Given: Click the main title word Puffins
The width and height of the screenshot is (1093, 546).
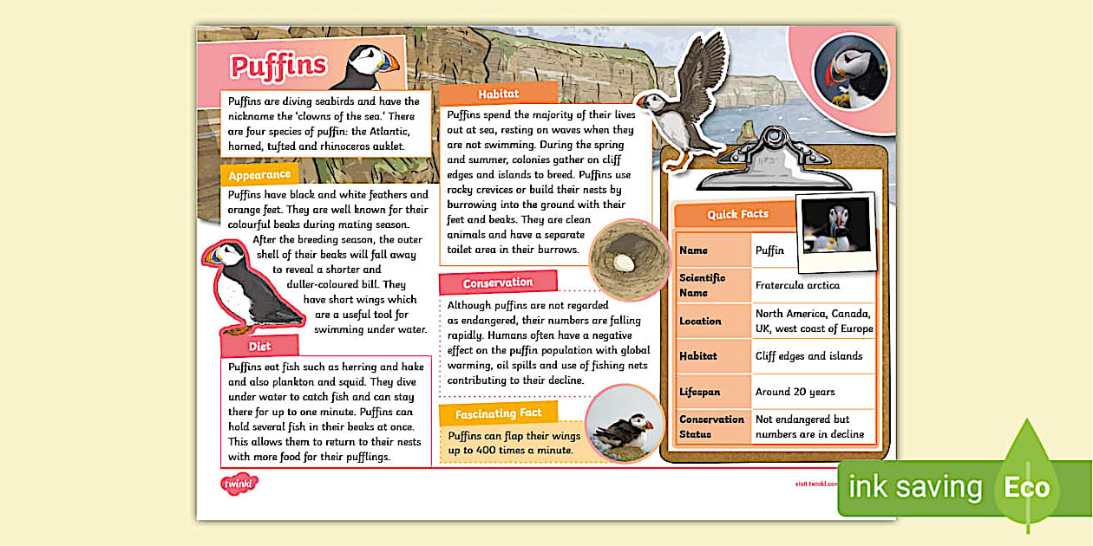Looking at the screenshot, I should [278, 65].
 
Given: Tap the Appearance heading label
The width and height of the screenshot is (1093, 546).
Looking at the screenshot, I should [259, 174].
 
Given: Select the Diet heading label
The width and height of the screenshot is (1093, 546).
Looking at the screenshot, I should [259, 346].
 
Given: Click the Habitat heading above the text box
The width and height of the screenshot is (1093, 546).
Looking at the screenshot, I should [498, 94].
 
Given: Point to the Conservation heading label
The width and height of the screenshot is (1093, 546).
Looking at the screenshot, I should [497, 283].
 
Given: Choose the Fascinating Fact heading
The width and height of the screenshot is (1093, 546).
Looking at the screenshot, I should [498, 413].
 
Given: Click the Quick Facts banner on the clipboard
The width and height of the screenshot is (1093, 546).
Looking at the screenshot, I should [737, 214].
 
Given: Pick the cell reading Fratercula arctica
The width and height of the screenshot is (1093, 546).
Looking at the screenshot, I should [797, 284].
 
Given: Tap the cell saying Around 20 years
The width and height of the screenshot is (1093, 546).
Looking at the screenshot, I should [795, 392].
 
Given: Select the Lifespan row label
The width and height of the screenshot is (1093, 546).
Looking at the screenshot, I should [699, 392].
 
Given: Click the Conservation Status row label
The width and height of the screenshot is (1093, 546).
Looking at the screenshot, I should [711, 426].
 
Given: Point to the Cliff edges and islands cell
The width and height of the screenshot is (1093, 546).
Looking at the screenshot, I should [808, 355].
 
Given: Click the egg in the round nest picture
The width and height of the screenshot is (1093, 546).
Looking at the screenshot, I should [622, 260].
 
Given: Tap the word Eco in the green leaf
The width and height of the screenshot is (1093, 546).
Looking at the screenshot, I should [1026, 487].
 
